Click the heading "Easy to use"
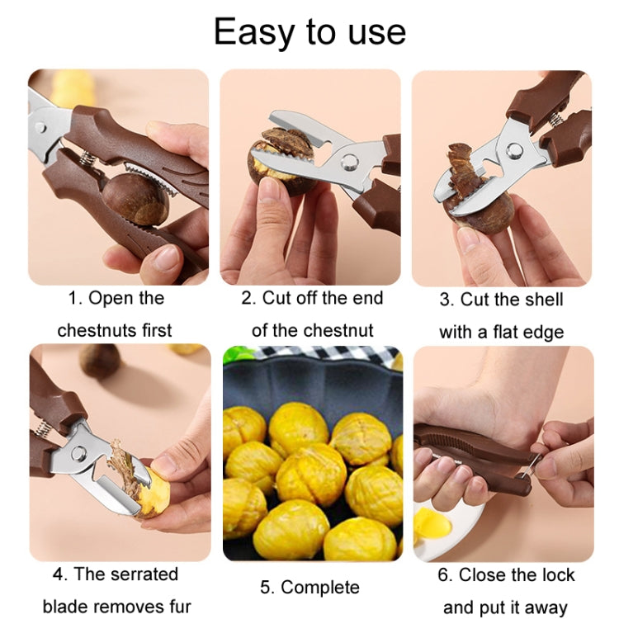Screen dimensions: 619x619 (309, 31)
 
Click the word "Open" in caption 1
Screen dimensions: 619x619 (111, 298)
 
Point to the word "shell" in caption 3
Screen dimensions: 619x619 (543, 299)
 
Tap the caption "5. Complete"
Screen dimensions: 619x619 (309, 588)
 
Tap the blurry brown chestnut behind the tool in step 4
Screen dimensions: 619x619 (100, 361)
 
